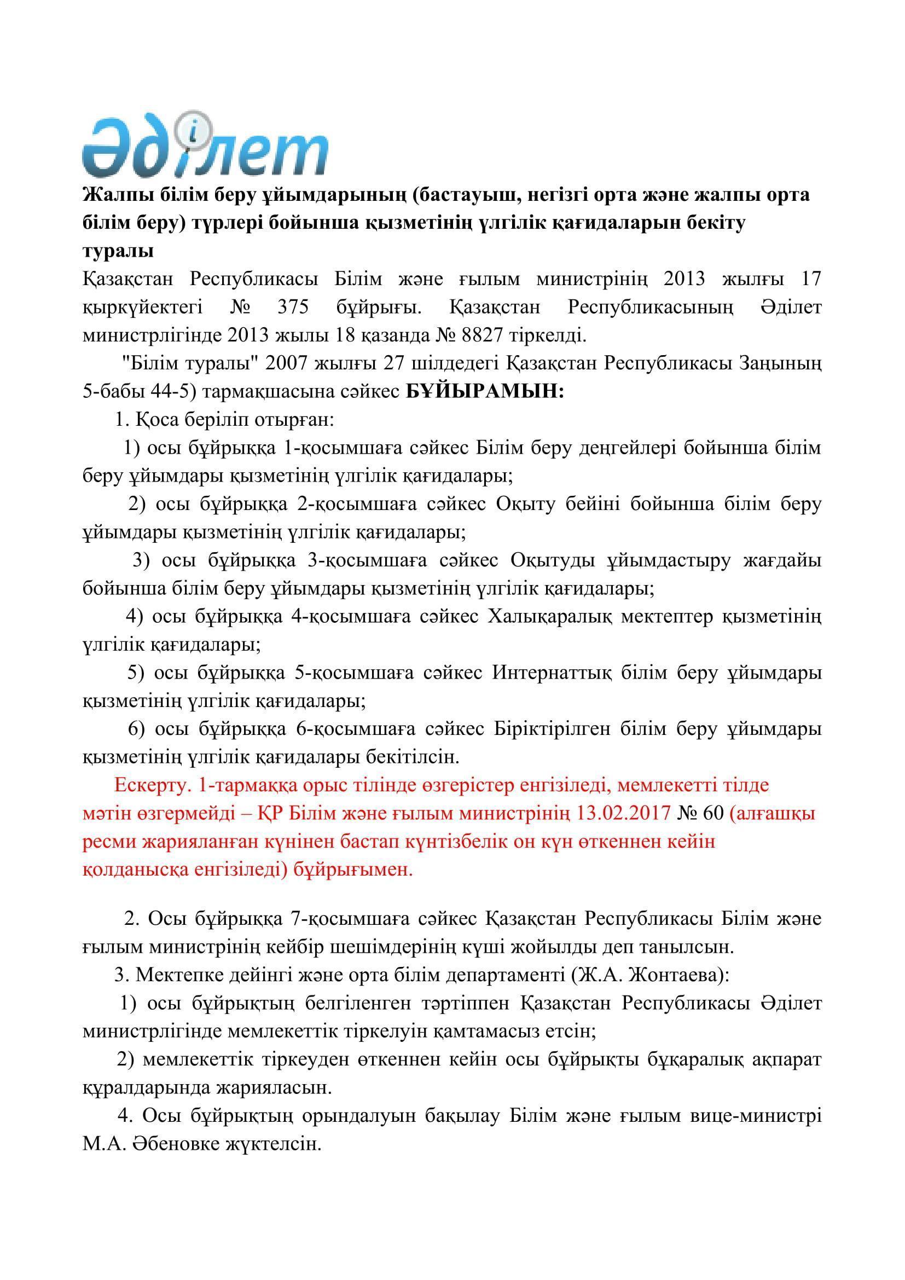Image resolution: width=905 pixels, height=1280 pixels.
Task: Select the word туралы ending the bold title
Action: (x=118, y=251)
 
